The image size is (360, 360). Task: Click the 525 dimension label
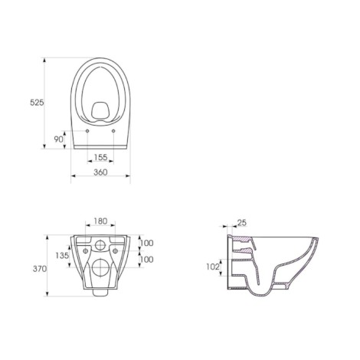tap(37, 103)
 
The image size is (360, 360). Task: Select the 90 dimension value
tap(58, 139)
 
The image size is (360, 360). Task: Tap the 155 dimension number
tap(100, 157)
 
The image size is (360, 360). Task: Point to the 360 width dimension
tap(100, 172)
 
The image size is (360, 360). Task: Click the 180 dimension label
tap(100, 221)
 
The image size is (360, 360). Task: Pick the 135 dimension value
tap(62, 255)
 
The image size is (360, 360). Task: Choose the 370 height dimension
tap(40, 269)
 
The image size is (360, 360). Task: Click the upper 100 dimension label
tap(147, 243)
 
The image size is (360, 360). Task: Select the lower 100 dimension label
tap(147, 260)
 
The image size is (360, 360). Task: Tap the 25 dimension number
tap(242, 223)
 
